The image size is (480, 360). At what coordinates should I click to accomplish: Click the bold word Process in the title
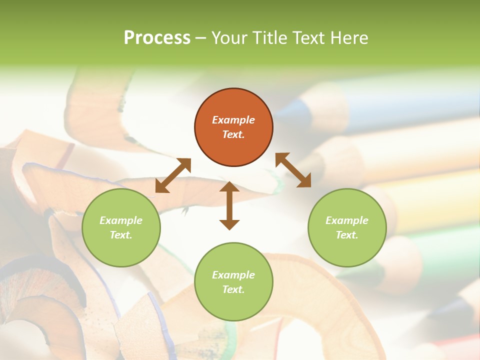(157, 38)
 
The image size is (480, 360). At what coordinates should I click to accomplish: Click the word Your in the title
(228, 38)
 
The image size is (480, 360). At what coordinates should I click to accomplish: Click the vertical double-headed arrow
(229, 205)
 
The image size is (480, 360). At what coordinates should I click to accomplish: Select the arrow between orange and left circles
(173, 175)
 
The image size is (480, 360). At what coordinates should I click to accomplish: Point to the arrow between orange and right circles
(293, 170)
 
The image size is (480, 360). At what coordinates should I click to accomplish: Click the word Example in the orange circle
(233, 120)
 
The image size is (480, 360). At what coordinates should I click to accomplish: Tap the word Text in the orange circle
(233, 134)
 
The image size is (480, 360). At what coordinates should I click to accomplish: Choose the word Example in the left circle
(121, 220)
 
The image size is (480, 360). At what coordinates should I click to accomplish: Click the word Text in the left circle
(121, 235)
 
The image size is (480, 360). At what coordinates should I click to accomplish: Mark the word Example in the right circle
(347, 220)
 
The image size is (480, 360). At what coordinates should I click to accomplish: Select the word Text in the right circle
(347, 235)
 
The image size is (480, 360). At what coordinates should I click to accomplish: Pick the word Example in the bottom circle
(233, 275)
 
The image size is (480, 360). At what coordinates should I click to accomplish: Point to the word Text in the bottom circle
(233, 289)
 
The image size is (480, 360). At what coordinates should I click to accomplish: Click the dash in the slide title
(201, 38)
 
